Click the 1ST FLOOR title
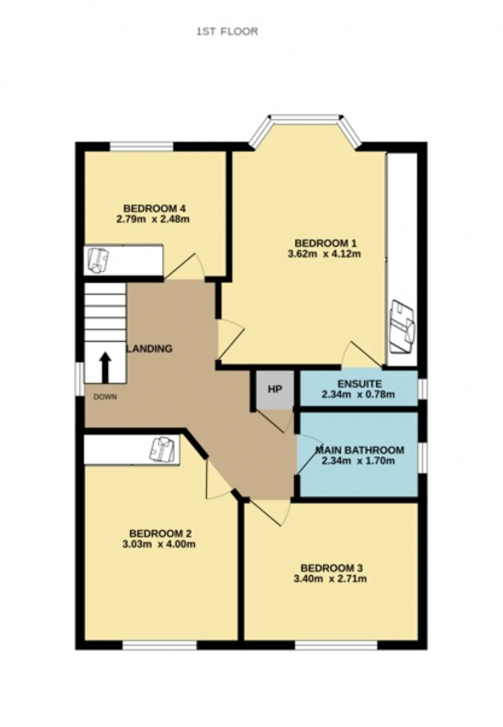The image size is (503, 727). (227, 31)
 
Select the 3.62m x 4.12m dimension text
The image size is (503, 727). (324, 254)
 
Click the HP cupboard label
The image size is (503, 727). (275, 389)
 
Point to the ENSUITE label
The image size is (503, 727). (360, 383)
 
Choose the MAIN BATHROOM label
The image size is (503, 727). (360, 450)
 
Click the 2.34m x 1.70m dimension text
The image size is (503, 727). (358, 461)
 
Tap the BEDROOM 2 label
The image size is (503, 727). (160, 534)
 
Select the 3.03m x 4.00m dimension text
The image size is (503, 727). (159, 544)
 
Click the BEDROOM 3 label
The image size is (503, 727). (332, 568)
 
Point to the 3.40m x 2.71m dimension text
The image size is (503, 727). (330, 578)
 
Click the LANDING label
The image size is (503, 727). (149, 349)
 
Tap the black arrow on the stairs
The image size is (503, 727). (105, 367)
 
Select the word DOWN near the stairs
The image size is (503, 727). (105, 397)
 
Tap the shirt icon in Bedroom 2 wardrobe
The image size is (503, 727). (162, 449)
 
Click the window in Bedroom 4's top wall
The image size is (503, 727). (141, 147)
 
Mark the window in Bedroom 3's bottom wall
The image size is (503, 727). (336, 645)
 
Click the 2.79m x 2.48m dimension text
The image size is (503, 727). (153, 219)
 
